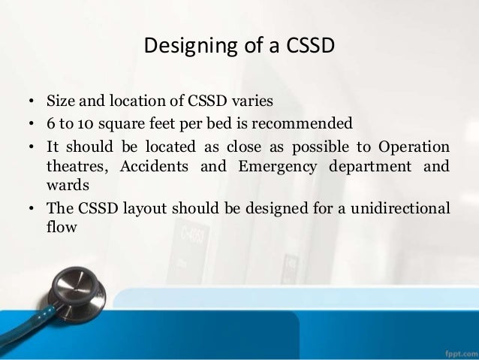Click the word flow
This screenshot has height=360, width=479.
coord(61,228)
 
